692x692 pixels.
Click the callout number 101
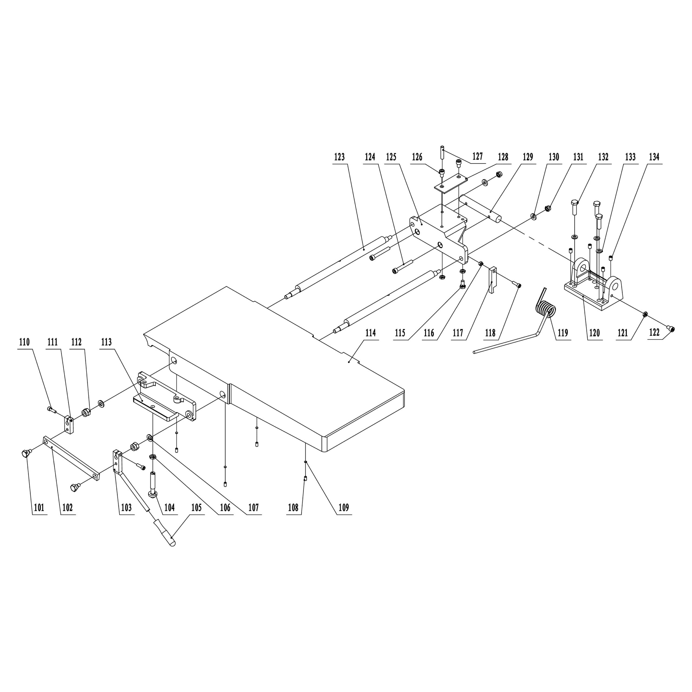pyautogui.click(x=39, y=508)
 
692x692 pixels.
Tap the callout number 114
pyautogui.click(x=370, y=333)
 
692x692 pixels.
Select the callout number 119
pyautogui.click(x=563, y=333)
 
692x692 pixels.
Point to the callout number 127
pyautogui.click(x=477, y=157)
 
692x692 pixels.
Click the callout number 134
pyautogui.click(x=654, y=157)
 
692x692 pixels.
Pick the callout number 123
pyautogui.click(x=339, y=157)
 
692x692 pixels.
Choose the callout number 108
pyautogui.click(x=293, y=508)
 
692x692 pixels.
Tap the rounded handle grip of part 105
pyautogui.click(x=168, y=537)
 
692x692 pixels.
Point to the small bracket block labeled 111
pyautogui.click(x=69, y=424)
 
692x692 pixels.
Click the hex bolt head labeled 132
pyautogui.click(x=574, y=203)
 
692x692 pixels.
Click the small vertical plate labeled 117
pyautogui.click(x=493, y=280)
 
